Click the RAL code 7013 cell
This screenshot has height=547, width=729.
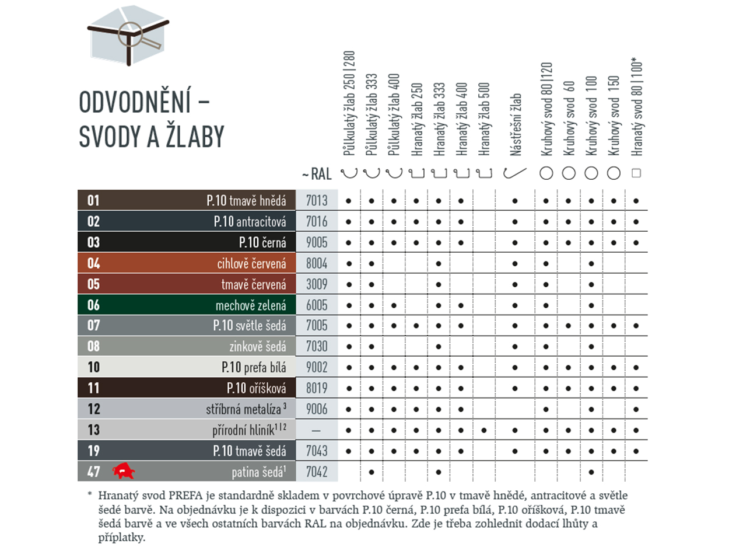[x=317, y=201]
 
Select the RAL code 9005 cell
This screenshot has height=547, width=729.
[x=317, y=242]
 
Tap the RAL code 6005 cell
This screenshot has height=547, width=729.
[x=317, y=305]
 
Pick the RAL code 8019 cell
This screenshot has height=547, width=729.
[x=317, y=388]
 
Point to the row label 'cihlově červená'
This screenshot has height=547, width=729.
[x=251, y=263]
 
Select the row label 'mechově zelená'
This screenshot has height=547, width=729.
[x=251, y=305]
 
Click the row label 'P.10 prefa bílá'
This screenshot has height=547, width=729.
[x=254, y=367]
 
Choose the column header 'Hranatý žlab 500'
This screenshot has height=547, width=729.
[x=483, y=117]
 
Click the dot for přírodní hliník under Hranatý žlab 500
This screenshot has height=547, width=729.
[x=483, y=430]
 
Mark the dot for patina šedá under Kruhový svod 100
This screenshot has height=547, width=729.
[x=591, y=471]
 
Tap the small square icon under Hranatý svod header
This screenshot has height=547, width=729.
[x=636, y=173]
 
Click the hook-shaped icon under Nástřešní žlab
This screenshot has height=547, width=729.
[x=516, y=173]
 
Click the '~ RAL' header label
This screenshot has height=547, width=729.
[x=316, y=174]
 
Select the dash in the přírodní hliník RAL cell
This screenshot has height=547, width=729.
[x=317, y=430]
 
